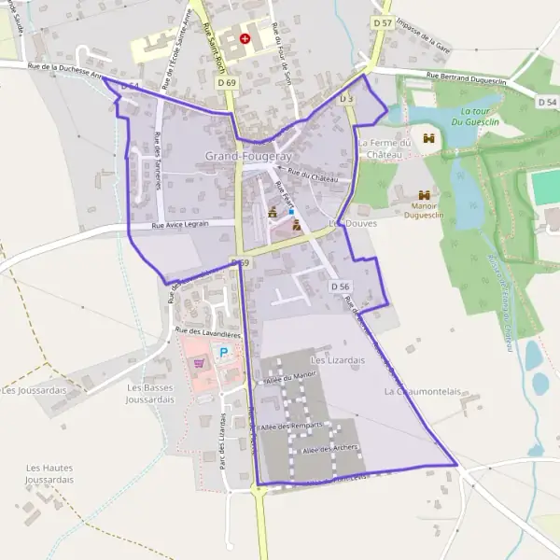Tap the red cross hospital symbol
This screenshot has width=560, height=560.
coord(245,39)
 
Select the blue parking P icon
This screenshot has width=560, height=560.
coord(223,353)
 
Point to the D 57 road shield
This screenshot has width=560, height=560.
coord(381,21)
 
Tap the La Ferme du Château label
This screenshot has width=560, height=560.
coord(385,148)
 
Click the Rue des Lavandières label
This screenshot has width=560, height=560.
coord(207,332)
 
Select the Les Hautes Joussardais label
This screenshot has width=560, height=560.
coord(50,473)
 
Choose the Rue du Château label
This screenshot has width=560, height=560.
coord(312,173)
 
